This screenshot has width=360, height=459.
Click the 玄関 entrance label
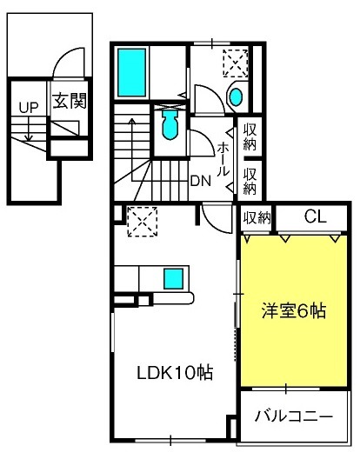pyautogui.click(x=70, y=101)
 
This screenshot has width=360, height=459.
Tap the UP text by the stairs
pyautogui.click(x=29, y=108)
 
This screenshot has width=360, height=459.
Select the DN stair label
pyautogui.click(x=200, y=181)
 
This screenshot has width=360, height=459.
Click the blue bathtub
pyautogui.click(x=132, y=73)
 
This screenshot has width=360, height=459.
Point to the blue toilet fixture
pyautogui.click(x=170, y=124)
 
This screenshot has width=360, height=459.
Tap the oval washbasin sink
pyautogui.click(x=236, y=97)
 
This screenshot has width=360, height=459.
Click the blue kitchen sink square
pyautogui.click(x=173, y=279)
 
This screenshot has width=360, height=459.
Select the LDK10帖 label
pyautogui.click(x=175, y=373)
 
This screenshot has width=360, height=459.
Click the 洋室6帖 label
pyautogui.click(x=294, y=310)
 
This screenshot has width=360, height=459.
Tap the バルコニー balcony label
pyautogui.click(x=294, y=416)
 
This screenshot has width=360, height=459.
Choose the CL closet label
pyautogui.click(x=315, y=217)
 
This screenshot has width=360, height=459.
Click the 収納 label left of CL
pyautogui.click(x=257, y=217)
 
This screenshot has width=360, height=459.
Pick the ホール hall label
pyautogui.click(x=223, y=160)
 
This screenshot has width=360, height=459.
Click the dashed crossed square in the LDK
pyautogui.click(x=143, y=222)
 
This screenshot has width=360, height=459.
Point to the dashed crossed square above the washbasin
pyautogui.click(x=236, y=63)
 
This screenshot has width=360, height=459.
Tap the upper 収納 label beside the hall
pyautogui.click(x=250, y=137)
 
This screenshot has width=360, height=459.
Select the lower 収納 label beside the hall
pyautogui.click(x=250, y=182)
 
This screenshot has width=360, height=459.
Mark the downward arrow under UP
pyautogui.click(x=29, y=129)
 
